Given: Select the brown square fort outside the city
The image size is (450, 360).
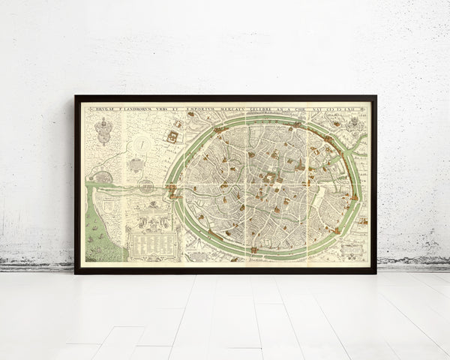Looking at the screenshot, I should (x=173, y=136).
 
